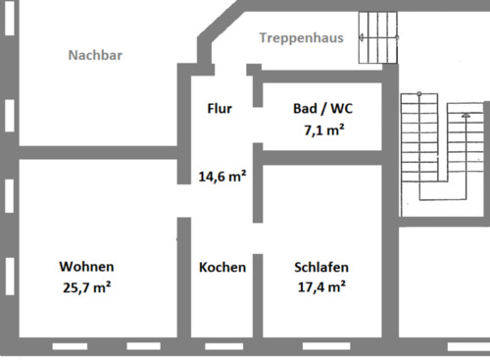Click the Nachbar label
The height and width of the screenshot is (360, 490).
94,56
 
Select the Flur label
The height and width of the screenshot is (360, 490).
220,109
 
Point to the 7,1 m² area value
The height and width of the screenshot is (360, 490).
322,129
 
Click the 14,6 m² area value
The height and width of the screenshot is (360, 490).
222,178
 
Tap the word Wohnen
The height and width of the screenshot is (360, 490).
86,267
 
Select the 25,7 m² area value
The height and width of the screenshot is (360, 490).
88,287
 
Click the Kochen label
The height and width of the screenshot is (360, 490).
222,267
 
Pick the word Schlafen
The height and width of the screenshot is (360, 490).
321,267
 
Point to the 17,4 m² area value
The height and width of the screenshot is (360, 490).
321,287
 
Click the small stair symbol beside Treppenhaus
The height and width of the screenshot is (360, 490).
380,37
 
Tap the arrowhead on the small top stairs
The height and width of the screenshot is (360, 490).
363,38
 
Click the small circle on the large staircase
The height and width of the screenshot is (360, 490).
418,95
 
